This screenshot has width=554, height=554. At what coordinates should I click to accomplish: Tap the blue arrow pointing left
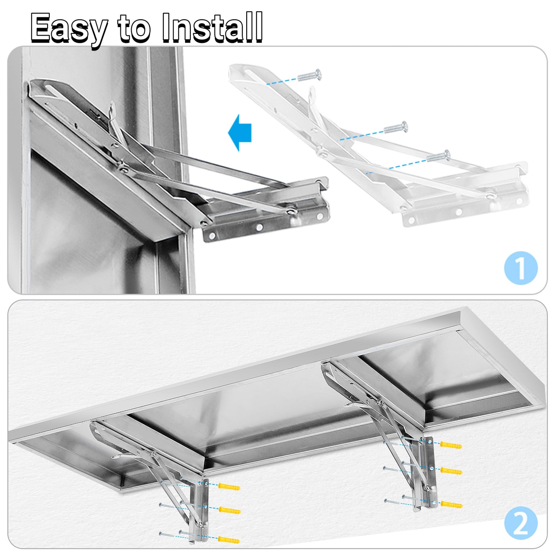pos(240,133)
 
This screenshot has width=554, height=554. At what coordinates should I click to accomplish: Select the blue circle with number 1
pos(520,268)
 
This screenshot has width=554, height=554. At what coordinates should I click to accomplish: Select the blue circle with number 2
pos(520,523)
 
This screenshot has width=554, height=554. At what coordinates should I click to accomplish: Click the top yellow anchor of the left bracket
pos(229,488)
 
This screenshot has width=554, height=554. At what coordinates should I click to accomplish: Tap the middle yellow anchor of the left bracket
pos(230,510)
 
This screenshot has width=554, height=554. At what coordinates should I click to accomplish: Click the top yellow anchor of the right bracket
pos(450,445)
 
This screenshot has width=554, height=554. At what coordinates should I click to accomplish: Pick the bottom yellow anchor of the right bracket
pos(451,504)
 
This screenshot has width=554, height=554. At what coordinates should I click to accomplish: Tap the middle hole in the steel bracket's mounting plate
pos(259,227)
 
